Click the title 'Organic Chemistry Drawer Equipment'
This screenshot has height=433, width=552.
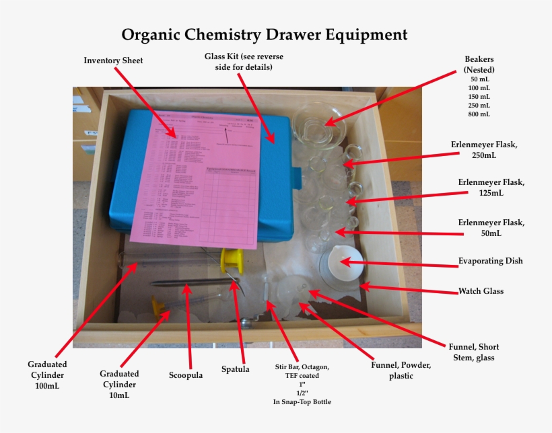264,34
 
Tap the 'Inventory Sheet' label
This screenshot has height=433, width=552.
113,61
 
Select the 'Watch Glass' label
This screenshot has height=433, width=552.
481,291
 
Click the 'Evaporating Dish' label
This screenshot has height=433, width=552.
490,261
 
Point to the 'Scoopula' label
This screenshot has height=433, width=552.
185,375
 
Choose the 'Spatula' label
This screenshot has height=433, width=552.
236,368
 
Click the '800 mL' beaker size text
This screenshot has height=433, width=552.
479,114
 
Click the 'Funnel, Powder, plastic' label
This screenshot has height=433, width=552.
401,370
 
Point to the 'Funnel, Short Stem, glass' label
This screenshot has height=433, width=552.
474,352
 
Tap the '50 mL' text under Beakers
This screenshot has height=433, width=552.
479,79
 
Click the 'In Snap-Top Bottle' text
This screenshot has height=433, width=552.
302,402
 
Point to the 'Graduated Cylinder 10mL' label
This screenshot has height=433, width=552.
119,384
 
